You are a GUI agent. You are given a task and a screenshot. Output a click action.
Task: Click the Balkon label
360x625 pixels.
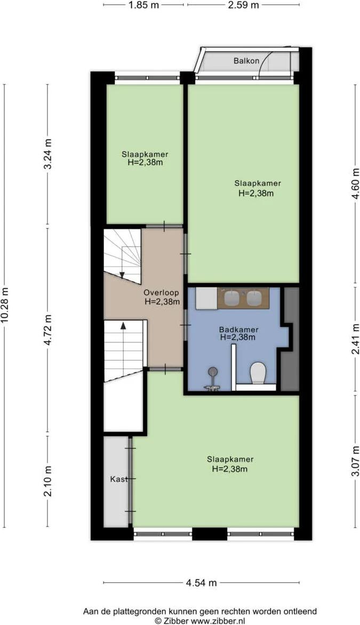point(246,61)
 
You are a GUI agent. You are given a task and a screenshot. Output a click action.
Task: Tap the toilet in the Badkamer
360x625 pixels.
point(258,373)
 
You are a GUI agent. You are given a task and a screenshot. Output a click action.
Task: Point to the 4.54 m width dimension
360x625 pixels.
point(201,583)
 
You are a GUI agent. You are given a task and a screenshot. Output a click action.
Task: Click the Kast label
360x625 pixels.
point(118,479)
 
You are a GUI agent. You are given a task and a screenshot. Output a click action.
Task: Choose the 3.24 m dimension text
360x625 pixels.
point(48,155)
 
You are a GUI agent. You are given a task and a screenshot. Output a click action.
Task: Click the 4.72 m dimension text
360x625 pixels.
point(48,330)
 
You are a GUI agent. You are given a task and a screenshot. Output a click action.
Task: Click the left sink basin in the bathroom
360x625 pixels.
point(231,298)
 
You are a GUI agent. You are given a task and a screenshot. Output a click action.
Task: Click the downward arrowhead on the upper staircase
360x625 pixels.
point(122,275)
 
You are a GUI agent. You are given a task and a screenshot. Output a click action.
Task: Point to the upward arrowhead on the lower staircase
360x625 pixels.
point(123,325)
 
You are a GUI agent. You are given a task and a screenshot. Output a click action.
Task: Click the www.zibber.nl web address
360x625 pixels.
point(218,620)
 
